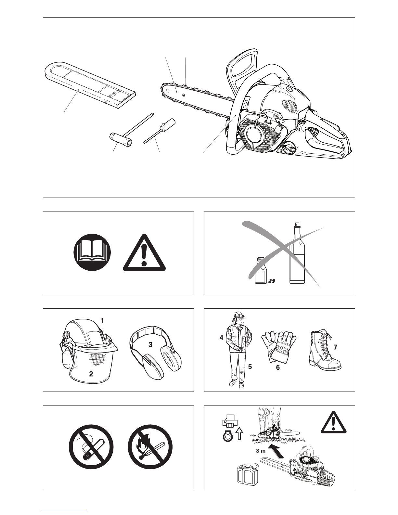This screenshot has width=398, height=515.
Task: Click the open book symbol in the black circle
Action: click(92, 252)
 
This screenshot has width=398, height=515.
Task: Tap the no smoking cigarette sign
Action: click(91, 447)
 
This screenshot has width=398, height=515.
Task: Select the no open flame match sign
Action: click(150, 447)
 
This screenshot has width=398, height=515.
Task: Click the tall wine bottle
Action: click(297, 253)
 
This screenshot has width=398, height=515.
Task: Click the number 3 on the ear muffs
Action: click(150, 345)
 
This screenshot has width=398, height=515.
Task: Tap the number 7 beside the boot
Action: click(335, 347)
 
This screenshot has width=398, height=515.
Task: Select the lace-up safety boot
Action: click(325, 350)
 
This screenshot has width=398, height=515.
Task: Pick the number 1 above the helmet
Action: click(102, 321)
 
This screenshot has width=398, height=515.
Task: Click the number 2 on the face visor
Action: click(91, 374)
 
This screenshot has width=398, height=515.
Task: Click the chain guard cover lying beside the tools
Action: click(90, 85)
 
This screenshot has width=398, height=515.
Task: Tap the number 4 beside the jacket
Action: click(221, 338)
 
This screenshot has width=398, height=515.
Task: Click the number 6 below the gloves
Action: click(278, 367)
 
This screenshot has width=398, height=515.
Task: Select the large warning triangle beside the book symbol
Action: click(144, 253)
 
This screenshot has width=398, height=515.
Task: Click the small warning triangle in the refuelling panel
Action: click(334, 422)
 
